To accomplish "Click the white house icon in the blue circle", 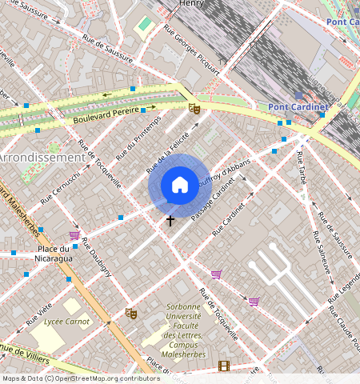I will pyautogui.click(x=180, y=186).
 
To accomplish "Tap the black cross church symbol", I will pyautogui.click(x=170, y=219).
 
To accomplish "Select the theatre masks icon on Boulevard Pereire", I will pyautogui.click(x=194, y=107).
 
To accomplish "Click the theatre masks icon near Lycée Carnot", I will pyautogui.click(x=131, y=314).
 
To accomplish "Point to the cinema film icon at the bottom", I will pyautogui.click(x=223, y=366).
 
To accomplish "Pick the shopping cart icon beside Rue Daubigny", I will pyautogui.click(x=74, y=235).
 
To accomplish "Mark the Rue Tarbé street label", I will pyautogui.click(x=297, y=170).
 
